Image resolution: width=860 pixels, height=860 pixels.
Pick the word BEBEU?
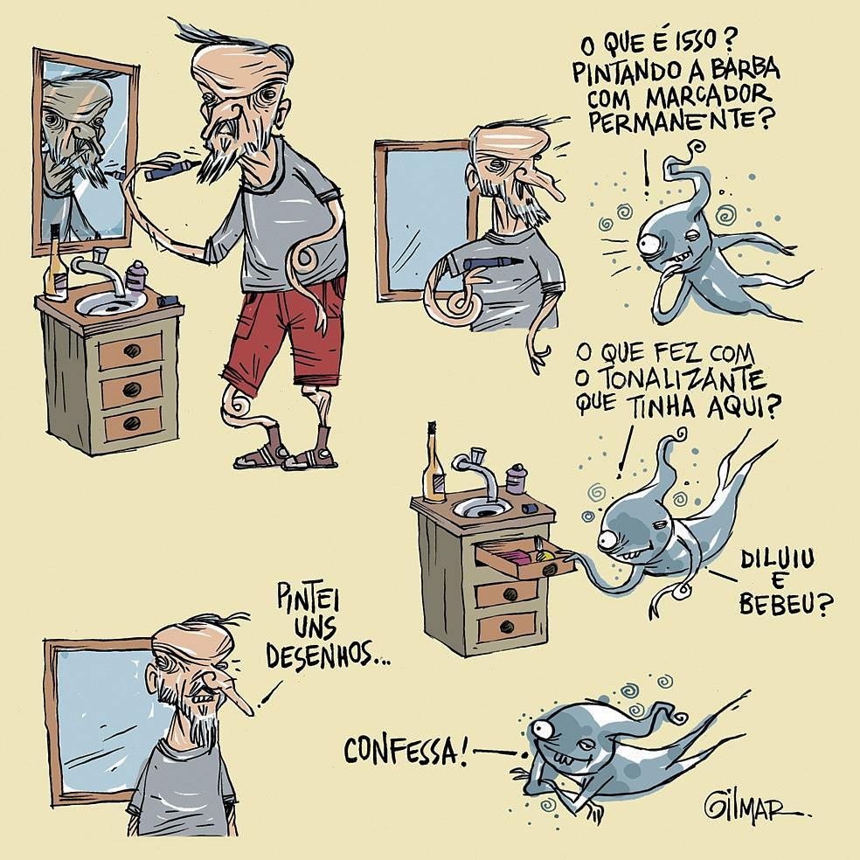tap(786, 604)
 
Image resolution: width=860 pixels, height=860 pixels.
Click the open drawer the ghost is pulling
tap(524, 558)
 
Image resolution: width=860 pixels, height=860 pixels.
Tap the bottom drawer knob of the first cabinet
tap(132, 423)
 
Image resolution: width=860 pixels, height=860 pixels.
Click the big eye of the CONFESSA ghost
tap(542, 729)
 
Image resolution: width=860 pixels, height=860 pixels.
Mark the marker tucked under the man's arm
tap(491, 263)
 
